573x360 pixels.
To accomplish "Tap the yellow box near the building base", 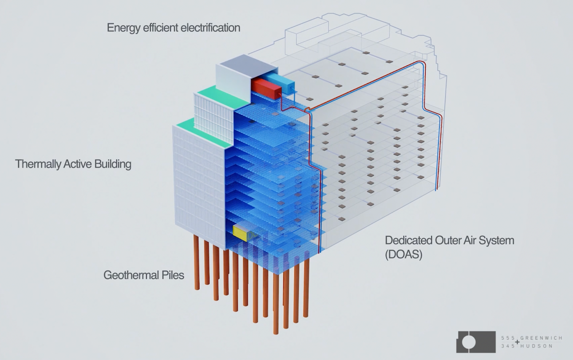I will point(240,232).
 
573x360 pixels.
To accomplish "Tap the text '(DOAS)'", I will point(404,254).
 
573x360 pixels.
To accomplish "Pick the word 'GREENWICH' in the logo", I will point(541,338).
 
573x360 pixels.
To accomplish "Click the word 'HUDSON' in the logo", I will point(537,346).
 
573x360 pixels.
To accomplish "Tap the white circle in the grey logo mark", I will point(468,342).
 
